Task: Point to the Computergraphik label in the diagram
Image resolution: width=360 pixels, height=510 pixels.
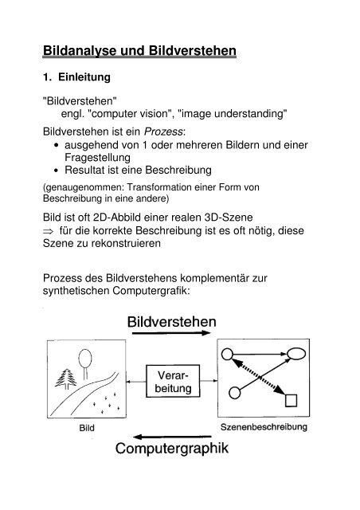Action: pos(181,449)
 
